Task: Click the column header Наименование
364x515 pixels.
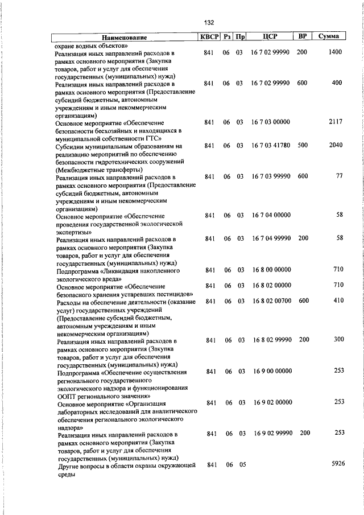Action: (x=125, y=38)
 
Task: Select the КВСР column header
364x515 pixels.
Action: (x=208, y=37)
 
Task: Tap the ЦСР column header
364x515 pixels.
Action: (x=270, y=37)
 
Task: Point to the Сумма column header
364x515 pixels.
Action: (x=329, y=37)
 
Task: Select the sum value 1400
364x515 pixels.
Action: (x=335, y=52)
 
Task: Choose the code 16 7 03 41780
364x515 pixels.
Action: (x=271, y=146)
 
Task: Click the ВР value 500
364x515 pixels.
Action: (x=302, y=146)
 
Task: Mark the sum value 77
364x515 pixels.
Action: (x=339, y=176)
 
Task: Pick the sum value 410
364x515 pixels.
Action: (x=338, y=301)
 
